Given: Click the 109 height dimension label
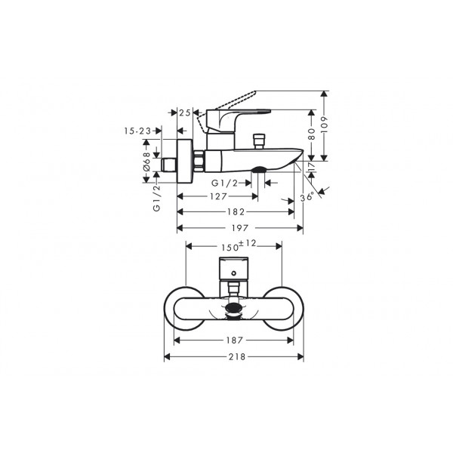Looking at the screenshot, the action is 325,125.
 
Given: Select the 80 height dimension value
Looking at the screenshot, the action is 311,134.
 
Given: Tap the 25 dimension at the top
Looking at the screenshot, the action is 185,112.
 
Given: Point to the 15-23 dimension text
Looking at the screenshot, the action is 137,131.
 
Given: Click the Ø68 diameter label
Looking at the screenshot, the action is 146,162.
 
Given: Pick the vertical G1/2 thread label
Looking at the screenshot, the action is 156,198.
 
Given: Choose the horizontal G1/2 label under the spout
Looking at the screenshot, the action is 224,183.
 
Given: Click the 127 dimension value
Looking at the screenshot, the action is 218,196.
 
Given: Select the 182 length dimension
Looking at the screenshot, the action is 236,212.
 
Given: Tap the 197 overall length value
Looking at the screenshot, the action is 240,228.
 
